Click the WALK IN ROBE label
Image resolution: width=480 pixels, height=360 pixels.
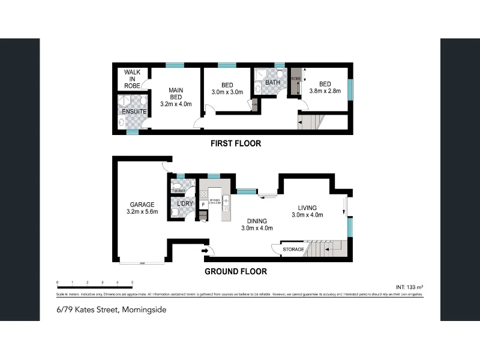pos(132,79)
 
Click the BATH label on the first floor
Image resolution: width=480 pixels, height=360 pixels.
pos(272,82)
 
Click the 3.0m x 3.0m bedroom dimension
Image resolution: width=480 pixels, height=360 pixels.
pos(227,92)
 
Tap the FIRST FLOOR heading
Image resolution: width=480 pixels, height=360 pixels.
pos(235,144)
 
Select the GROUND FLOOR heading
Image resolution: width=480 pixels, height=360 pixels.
pos(236,271)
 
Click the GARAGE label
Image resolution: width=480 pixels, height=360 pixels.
pos(143,205)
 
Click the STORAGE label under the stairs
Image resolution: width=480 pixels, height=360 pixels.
pos(293,249)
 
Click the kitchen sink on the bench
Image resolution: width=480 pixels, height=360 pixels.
pos(226,200)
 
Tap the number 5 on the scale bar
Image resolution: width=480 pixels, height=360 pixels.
pos(132,282)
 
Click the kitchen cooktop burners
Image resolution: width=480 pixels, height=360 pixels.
pos(204,194)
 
